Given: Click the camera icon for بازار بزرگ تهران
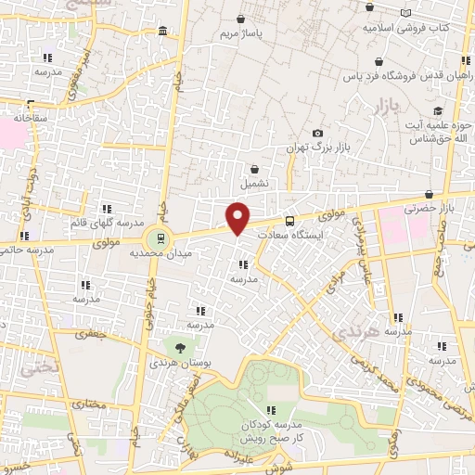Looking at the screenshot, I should pos(318,135).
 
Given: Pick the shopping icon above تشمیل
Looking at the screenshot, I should pos(256,169).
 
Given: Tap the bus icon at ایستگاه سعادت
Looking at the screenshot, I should pos(289,222).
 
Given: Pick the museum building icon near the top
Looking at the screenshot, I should pos(163,32).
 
